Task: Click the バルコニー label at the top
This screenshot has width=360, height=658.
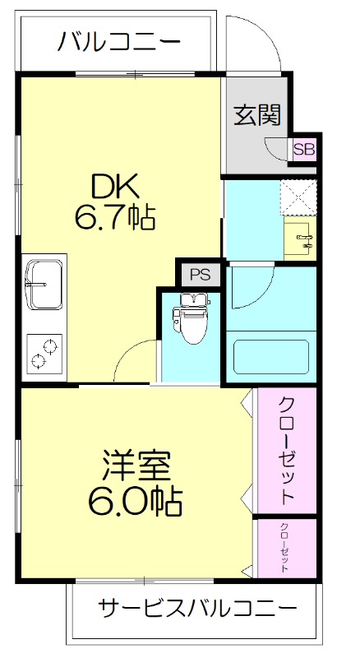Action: [x=119, y=41]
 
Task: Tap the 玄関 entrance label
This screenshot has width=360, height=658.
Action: [x=256, y=115]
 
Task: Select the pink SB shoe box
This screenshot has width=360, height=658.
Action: [x=303, y=150]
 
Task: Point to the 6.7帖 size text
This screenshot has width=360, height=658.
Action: [x=115, y=218]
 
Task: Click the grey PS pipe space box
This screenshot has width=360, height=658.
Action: [x=200, y=273]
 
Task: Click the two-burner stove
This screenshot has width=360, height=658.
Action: [x=45, y=352]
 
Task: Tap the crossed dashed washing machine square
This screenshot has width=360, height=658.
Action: [x=298, y=196]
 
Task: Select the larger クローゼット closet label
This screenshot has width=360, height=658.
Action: [x=286, y=451]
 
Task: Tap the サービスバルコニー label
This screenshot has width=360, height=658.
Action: [x=197, y=609]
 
